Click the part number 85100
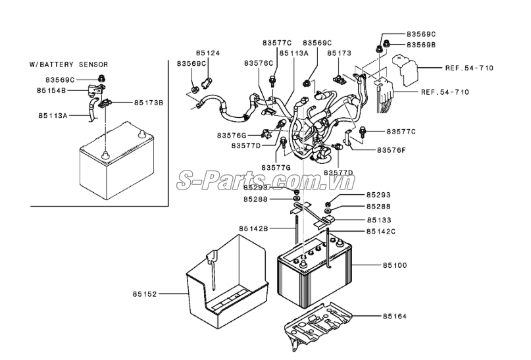click(395, 265)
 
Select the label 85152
click(144, 294)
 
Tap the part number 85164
click(395, 317)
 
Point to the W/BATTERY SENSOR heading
click(68, 64)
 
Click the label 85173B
click(149, 103)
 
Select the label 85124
click(208, 52)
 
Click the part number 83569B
click(421, 44)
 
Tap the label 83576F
click(391, 150)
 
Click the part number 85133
click(380, 220)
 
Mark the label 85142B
click(254, 228)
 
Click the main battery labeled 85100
click(315, 273)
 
